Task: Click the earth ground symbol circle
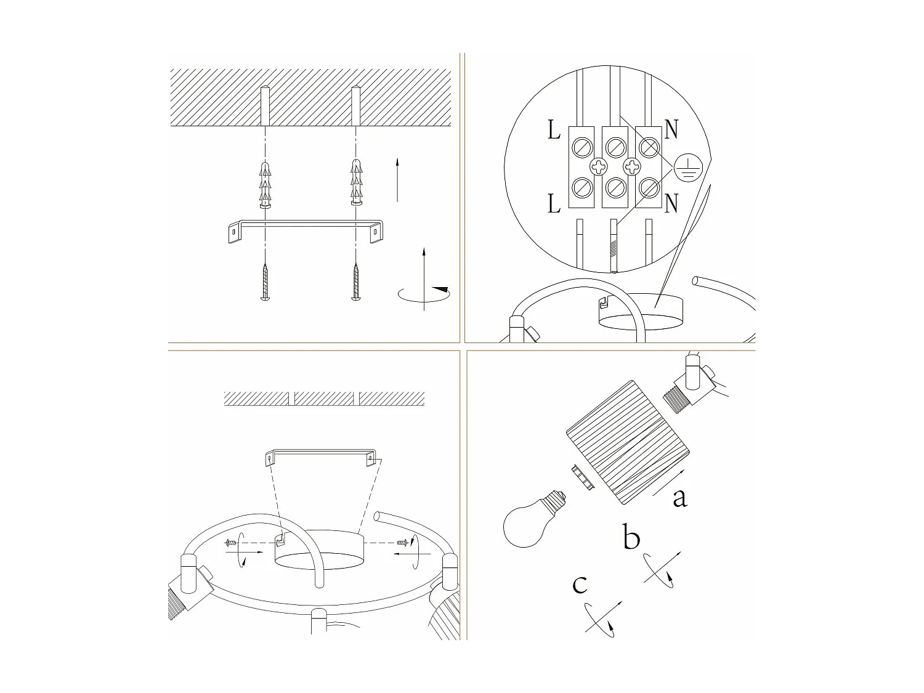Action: pos(687,168)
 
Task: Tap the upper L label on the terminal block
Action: pos(554,131)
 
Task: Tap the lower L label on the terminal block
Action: pos(554,203)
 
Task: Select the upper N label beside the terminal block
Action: pos(671,131)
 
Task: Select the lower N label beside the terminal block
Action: pos(671,203)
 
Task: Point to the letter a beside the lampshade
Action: pos(679,498)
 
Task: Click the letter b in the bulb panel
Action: pos(631,538)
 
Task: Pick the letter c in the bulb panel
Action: pos(580,584)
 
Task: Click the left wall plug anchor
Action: pos(264,185)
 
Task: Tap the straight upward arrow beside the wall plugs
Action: pos(397,179)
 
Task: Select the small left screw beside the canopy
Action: pos(232,543)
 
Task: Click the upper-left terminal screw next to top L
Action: pos(583,147)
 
